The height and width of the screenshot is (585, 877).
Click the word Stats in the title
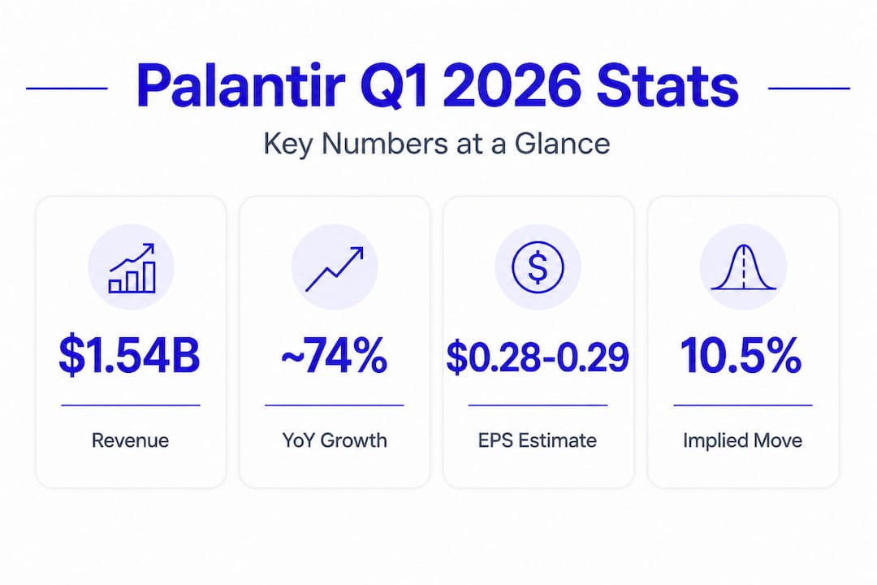667,85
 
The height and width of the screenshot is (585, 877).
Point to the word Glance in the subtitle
562,144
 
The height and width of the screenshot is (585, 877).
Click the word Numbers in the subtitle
385,144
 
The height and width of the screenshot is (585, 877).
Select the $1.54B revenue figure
129,356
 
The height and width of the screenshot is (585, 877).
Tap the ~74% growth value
334,356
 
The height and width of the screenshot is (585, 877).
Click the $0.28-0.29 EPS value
538,357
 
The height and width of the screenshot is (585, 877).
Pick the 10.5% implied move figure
741,356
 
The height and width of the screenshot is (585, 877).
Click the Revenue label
130,440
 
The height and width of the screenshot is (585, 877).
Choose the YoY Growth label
335,440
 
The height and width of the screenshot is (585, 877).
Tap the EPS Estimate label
538,440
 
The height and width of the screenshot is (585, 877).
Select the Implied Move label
743,441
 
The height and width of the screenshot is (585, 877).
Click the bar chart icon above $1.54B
132,267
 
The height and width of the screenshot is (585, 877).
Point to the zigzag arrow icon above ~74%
335,269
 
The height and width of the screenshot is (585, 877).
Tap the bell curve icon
743,267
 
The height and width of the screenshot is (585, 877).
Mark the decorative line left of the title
67,88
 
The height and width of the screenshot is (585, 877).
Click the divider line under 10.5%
743,405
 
